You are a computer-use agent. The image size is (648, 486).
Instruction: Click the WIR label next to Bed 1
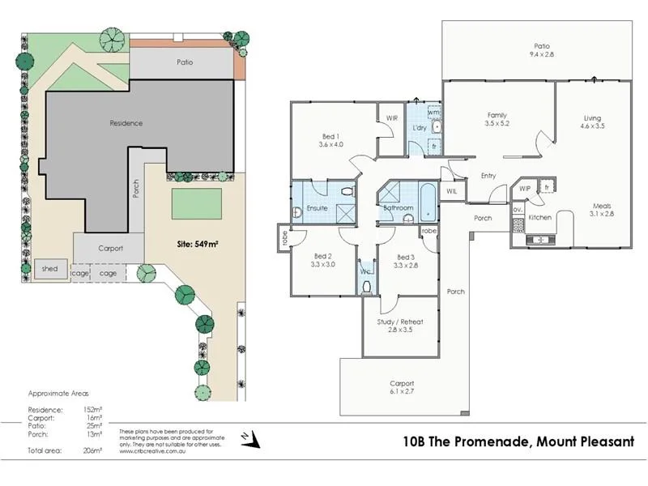392,118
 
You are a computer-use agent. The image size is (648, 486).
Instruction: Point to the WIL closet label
451,191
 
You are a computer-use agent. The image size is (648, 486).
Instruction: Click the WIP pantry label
525,189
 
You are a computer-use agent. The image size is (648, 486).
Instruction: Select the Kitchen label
540,218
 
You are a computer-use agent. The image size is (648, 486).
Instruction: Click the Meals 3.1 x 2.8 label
601,210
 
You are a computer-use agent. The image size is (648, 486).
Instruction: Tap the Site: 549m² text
199,242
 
